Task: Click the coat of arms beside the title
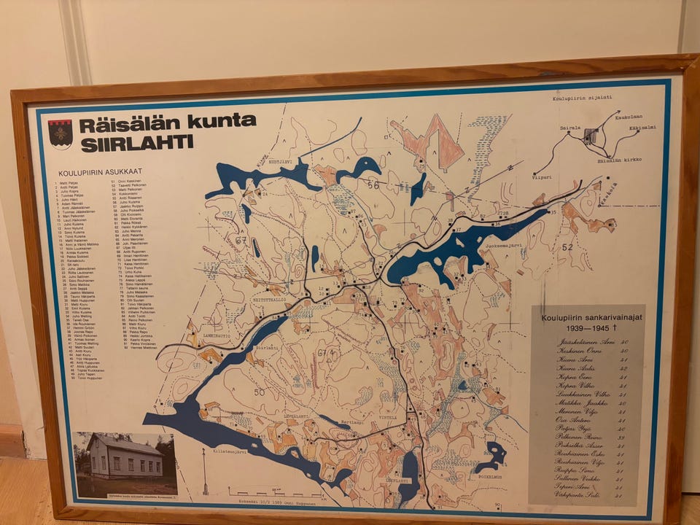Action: (x=60, y=133)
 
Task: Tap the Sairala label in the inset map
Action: (x=570, y=128)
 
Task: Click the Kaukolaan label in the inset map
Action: (x=628, y=117)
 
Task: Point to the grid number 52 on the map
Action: (x=567, y=246)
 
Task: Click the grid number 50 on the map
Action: (x=260, y=392)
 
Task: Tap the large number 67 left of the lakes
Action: (x=241, y=240)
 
